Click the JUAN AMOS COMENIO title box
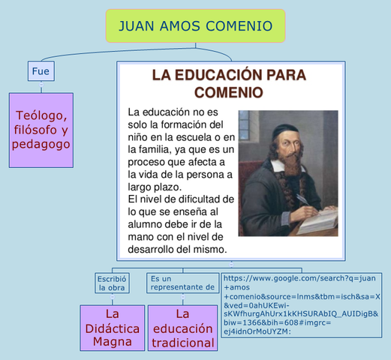coord(196,26)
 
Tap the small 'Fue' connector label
coord(41,71)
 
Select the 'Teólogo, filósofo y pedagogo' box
coord(41,129)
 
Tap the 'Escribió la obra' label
coord(111,283)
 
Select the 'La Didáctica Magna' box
coord(113,328)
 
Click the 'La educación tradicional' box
coord(182,328)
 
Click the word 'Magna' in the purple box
coord(113,341)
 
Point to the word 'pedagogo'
coord(41,145)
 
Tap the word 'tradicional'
coord(182,343)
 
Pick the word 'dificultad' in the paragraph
coord(197,199)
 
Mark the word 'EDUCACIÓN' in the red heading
coord(221,75)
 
